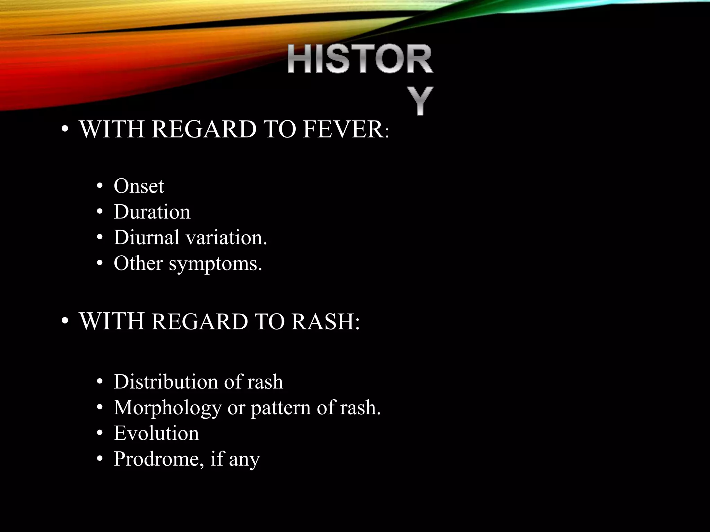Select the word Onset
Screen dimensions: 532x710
[139, 186]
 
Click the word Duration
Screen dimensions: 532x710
[152, 212]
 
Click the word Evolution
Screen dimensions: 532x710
[156, 433]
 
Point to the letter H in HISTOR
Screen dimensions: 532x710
[301, 60]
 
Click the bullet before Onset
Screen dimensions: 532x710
[100, 186]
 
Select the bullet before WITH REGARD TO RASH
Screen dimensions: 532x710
[64, 322]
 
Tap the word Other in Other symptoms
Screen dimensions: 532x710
[138, 263]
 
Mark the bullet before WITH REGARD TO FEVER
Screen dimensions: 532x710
[64, 130]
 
